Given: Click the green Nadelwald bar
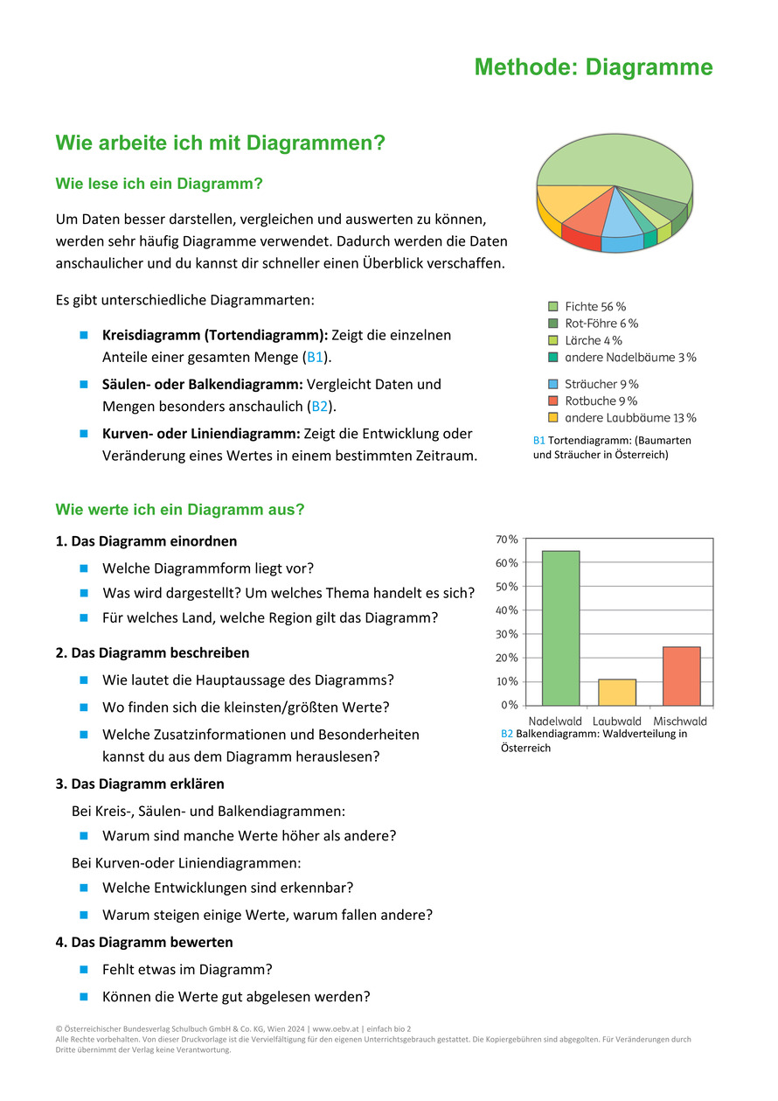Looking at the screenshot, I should coord(560,628).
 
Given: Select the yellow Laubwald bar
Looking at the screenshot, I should coord(617,692).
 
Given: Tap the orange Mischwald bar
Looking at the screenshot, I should coord(681,676).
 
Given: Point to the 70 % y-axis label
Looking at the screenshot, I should coord(508,540).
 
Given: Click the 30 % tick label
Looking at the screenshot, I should coord(508,634).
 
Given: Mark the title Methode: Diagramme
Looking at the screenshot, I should coord(594,67).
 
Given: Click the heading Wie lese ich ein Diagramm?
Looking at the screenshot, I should coord(159,185).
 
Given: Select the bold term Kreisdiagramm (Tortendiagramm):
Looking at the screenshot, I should coord(215,335).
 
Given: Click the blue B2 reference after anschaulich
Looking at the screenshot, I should coord(320,407).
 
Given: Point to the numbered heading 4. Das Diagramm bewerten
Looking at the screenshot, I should coord(144,943).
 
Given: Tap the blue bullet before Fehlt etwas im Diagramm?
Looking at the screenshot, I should coord(85,969).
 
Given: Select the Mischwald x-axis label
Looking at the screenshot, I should coord(680,721).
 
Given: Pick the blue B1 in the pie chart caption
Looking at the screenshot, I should coord(538,441).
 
